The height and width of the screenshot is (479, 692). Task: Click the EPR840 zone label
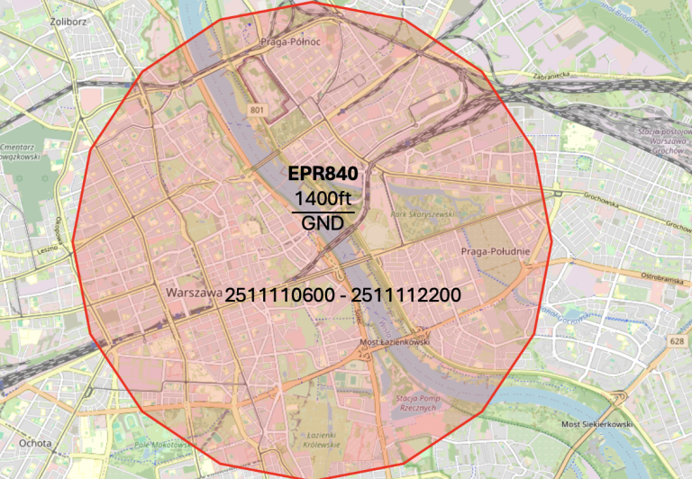(x=323, y=174)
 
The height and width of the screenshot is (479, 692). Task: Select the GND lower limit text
(x=323, y=222)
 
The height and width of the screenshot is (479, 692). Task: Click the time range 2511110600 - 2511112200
(x=343, y=295)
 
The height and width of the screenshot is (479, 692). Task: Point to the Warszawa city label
(x=195, y=294)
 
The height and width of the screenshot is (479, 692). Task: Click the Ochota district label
(x=35, y=443)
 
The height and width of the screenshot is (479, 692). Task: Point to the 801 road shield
(x=259, y=111)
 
